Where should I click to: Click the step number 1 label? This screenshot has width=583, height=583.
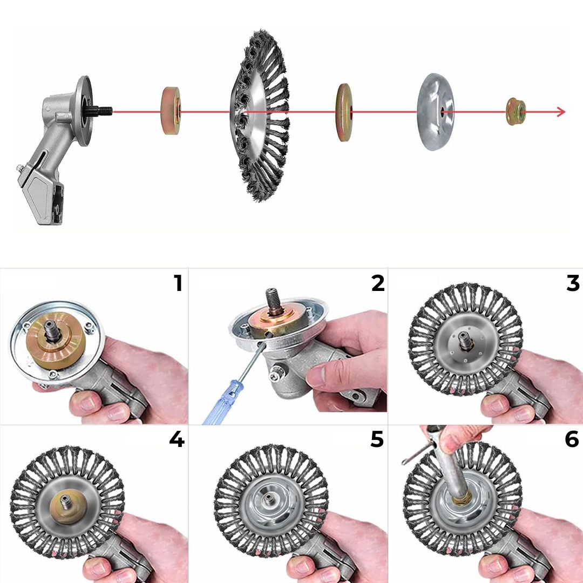(178, 283)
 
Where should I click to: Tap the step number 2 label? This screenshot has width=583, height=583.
(377, 283)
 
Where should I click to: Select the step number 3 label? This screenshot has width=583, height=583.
(573, 283)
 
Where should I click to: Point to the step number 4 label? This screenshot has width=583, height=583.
(177, 439)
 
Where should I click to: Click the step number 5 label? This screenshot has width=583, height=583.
(377, 439)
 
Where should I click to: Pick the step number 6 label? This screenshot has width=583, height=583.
(572, 439)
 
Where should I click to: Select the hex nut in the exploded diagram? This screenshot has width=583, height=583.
(515, 112)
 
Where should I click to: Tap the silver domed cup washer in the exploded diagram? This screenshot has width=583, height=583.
(435, 112)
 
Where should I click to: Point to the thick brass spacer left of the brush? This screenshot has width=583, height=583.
(170, 112)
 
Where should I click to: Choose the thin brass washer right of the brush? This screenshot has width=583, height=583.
(344, 112)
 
